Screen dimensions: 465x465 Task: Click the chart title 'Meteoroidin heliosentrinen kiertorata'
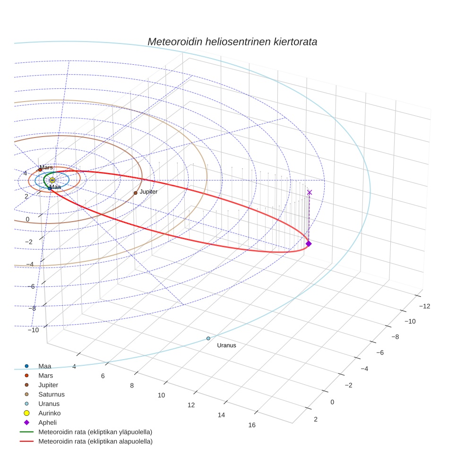pos(232,42)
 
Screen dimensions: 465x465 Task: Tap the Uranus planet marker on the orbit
pos(208,338)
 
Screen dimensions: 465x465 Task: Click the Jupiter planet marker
pos(135,193)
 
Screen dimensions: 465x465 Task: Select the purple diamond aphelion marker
pos(309,243)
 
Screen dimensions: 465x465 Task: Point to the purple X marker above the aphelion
pos(310,192)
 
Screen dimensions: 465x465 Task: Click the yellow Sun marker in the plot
pos(52,180)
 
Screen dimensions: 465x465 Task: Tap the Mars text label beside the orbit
pos(46,168)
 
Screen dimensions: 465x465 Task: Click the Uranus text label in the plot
pos(226,345)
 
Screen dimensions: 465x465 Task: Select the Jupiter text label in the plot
pos(148,192)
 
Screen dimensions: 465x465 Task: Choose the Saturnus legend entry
pos(51,394)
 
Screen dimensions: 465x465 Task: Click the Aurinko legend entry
pos(49,413)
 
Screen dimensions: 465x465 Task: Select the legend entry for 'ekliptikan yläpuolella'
pos(95,432)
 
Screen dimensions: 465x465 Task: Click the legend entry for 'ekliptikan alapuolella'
pos(95,441)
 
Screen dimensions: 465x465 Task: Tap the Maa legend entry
pos(44,366)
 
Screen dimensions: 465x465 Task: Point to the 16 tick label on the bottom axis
pos(251,425)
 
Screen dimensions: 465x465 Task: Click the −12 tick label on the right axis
pos(424,306)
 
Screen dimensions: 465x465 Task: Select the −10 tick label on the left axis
pos(33,330)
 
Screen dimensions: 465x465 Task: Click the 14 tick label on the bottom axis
pos(221,415)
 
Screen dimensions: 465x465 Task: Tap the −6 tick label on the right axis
pos(382,353)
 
